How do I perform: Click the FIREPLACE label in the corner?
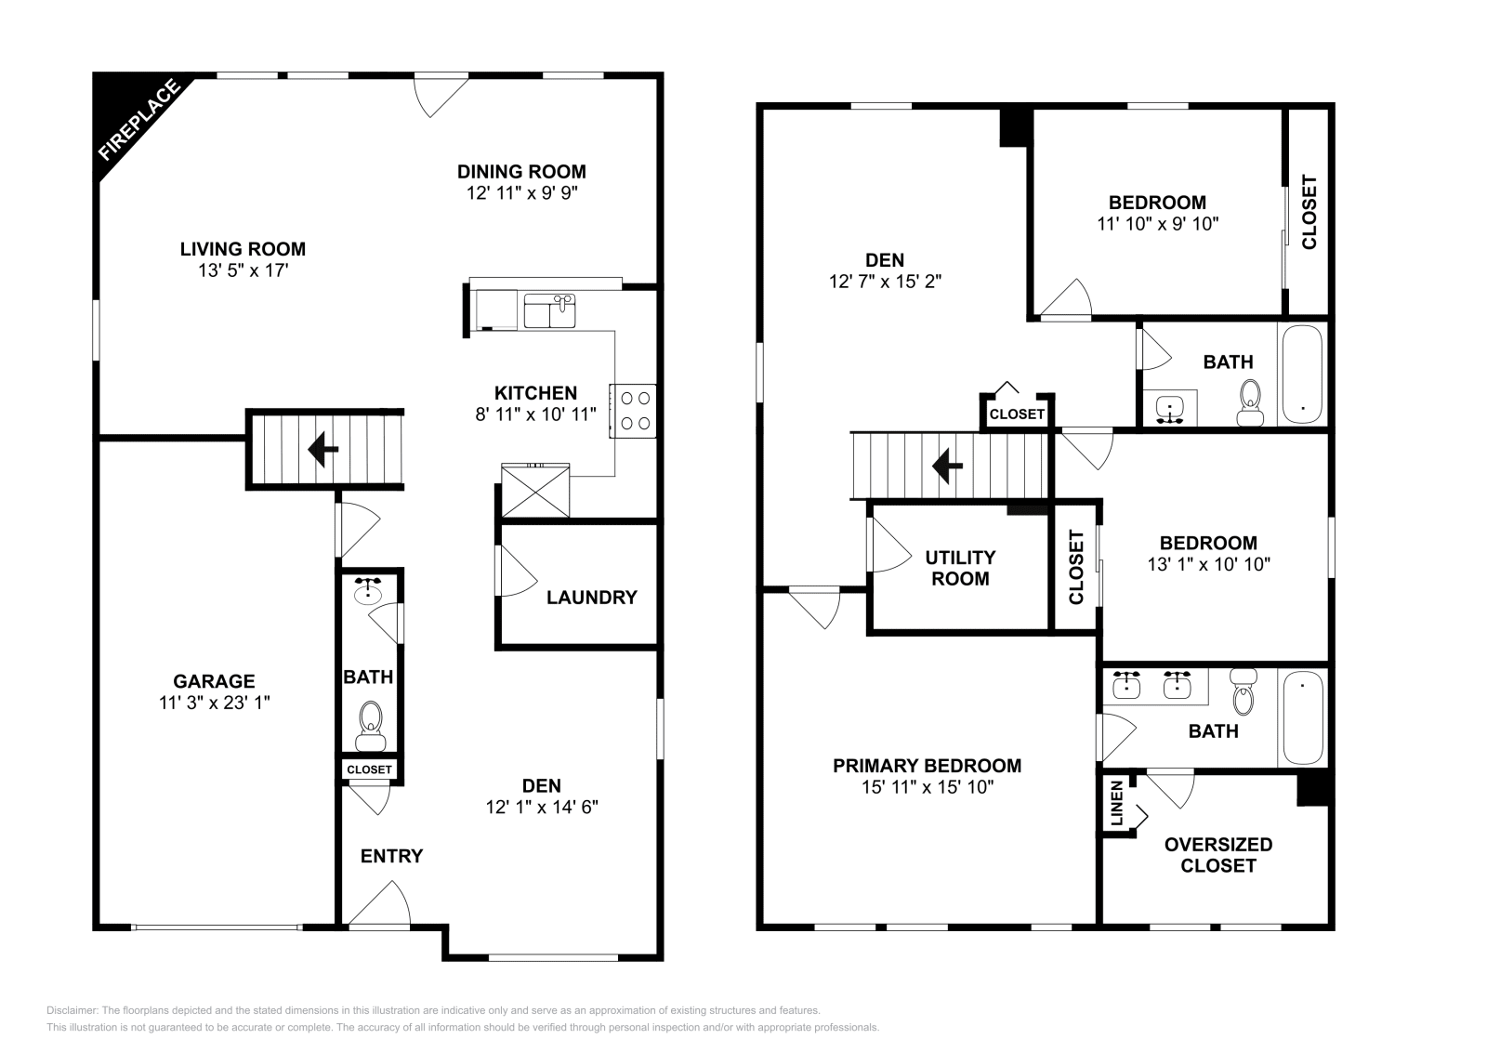(138, 121)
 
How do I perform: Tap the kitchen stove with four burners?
(634, 410)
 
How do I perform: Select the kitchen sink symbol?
(549, 310)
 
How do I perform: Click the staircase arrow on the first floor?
(322, 450)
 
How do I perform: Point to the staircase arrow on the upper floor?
(947, 465)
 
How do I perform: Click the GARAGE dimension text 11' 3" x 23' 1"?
(214, 703)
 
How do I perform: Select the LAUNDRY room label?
(591, 598)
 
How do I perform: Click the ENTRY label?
(391, 856)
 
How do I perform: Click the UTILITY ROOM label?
(960, 568)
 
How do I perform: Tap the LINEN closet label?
(1116, 803)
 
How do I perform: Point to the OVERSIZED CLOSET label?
(1217, 855)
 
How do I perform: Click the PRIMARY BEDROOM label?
(927, 766)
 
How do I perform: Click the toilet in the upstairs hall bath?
(1251, 401)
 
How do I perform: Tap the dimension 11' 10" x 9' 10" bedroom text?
(1157, 224)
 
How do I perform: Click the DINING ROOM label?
(521, 171)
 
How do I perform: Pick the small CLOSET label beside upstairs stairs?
(1017, 414)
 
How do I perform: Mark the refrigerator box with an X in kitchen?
(534, 490)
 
